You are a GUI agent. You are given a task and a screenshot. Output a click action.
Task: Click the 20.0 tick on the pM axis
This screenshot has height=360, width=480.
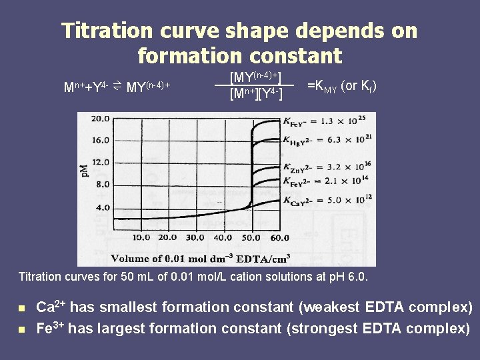point(101,119)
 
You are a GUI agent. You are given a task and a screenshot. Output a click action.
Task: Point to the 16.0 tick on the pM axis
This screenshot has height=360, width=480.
point(101,141)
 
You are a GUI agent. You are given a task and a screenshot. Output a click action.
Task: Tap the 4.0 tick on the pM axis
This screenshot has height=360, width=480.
point(103,208)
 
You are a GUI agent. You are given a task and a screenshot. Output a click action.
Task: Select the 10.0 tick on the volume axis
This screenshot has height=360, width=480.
point(141,237)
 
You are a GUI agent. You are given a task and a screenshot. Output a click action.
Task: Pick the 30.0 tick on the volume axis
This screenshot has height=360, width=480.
point(195,237)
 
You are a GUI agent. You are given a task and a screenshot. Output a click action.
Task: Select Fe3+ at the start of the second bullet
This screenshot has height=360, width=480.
point(51,328)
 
